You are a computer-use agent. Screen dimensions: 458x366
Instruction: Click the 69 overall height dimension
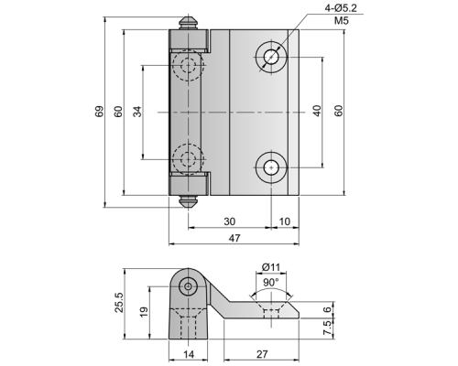(99, 112)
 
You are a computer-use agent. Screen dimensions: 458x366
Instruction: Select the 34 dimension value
(137, 112)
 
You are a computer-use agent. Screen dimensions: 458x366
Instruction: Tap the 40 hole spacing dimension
(317, 111)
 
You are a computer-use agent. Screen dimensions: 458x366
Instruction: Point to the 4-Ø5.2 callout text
(341, 8)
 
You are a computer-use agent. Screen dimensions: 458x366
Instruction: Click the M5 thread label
(341, 21)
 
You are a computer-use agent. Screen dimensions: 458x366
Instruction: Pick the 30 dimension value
(229, 221)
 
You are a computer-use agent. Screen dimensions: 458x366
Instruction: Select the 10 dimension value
(285, 221)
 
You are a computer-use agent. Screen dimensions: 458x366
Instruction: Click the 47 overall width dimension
(234, 238)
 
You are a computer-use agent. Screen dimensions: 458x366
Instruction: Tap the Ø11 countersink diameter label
(271, 267)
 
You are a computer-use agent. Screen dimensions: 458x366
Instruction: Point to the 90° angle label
(271, 283)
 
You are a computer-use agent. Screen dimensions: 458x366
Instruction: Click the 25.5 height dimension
(119, 302)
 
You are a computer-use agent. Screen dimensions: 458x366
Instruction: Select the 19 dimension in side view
(144, 312)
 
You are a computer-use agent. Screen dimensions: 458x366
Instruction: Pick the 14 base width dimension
(189, 354)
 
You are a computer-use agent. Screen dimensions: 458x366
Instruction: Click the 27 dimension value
(262, 354)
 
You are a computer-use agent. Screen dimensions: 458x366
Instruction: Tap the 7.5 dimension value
(327, 328)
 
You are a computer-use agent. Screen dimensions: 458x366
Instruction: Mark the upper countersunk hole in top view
(271, 57)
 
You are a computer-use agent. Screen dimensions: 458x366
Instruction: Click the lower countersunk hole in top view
(271, 167)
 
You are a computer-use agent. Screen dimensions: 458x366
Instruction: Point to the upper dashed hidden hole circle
(188, 65)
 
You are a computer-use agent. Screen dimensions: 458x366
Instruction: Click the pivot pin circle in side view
(189, 286)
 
